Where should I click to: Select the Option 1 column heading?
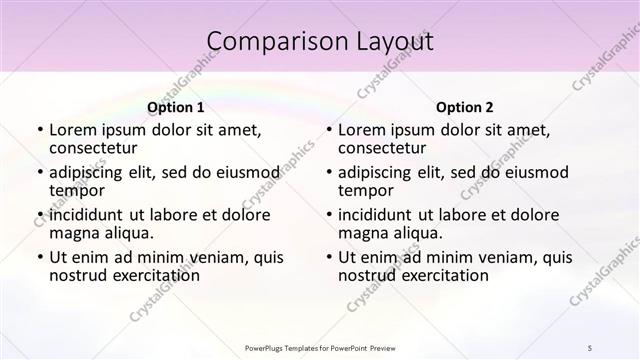pos(176,107)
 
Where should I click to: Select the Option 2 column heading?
pos(465,107)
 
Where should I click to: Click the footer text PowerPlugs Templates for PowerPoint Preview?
pos(319,347)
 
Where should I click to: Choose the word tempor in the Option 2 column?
pos(364,191)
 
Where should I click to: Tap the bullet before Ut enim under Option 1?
pos(38,256)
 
